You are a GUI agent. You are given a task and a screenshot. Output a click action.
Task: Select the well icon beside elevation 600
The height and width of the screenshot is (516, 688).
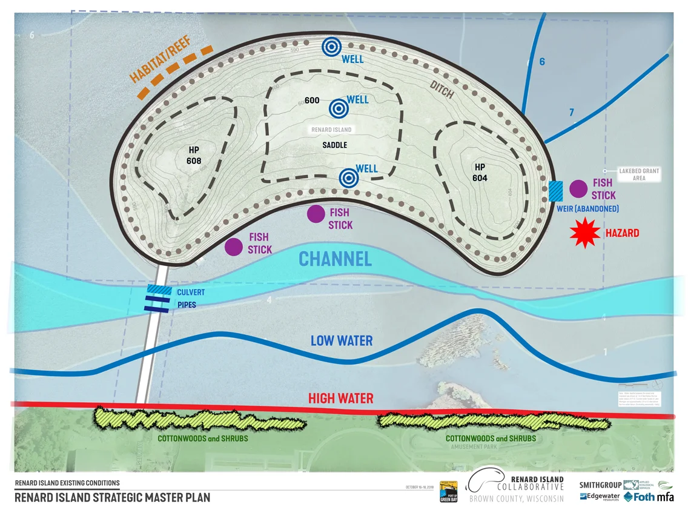point(339,108)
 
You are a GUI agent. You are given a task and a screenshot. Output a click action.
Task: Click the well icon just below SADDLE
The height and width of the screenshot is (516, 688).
point(348,177)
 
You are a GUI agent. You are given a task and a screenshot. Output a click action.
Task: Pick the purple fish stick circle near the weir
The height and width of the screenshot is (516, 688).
point(578,189)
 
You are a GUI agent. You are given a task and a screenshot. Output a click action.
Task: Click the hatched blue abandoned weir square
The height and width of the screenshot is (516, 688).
point(555,191)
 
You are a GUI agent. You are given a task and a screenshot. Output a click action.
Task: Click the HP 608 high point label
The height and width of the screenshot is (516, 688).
point(194,156)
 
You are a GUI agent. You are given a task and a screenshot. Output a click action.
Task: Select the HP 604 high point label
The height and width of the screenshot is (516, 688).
point(480,172)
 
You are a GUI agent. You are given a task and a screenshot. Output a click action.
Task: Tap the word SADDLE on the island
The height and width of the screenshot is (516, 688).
point(334,145)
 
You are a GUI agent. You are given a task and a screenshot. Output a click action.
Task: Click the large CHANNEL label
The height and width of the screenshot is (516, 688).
point(335,259)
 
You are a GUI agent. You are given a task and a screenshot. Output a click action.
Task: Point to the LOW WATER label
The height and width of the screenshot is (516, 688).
point(342,341)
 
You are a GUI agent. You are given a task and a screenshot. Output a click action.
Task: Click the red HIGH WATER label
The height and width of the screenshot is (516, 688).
point(340,399)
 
